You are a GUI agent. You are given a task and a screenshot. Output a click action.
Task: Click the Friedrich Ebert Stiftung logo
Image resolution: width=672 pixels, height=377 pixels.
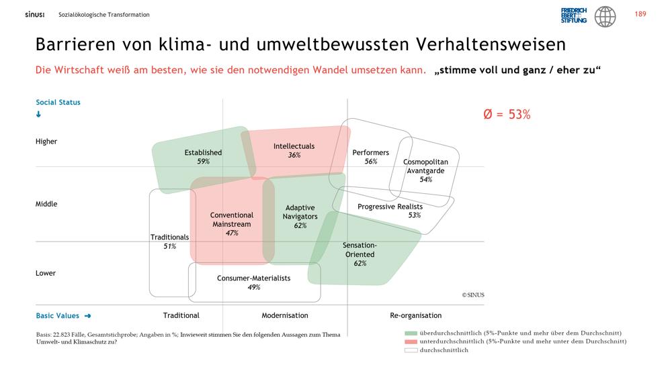(x=573, y=15)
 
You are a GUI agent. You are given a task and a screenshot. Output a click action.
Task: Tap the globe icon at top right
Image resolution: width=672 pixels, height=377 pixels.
(x=605, y=17)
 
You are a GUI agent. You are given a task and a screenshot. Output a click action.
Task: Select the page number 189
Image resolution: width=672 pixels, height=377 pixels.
(x=640, y=14)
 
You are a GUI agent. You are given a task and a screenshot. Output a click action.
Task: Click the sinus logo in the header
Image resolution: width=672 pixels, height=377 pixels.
(x=35, y=15)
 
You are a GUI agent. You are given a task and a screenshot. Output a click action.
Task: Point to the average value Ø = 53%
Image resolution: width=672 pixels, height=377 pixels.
(x=507, y=114)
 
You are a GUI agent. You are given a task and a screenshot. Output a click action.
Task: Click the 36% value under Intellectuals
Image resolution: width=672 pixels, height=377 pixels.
(x=294, y=155)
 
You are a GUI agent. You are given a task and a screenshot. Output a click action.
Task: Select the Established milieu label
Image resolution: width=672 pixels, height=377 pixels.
(x=203, y=152)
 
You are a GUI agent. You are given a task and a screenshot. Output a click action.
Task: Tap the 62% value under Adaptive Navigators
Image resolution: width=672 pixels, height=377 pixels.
(x=300, y=225)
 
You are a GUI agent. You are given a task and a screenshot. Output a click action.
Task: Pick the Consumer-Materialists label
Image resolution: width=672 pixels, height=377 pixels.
(x=254, y=278)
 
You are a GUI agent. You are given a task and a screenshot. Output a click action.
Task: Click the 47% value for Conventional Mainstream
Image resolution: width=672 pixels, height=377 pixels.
(x=232, y=233)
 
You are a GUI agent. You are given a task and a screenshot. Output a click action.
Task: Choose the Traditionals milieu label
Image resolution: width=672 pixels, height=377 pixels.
(x=170, y=237)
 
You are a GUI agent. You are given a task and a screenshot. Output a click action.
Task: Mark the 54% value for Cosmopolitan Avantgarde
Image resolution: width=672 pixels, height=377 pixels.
(x=425, y=179)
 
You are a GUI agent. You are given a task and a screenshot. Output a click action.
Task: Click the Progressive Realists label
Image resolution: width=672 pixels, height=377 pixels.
(x=390, y=207)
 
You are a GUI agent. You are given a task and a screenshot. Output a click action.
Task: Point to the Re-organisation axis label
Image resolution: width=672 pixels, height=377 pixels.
(x=416, y=315)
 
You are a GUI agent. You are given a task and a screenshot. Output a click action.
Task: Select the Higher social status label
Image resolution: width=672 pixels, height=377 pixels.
(x=46, y=142)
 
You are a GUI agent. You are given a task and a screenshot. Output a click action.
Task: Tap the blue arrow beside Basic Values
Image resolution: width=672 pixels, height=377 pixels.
(x=88, y=316)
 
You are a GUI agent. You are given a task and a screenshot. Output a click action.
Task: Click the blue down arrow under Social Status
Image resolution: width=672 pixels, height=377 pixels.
(x=38, y=114)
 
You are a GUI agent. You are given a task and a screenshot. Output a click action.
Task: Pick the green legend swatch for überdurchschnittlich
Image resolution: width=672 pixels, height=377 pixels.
(x=411, y=333)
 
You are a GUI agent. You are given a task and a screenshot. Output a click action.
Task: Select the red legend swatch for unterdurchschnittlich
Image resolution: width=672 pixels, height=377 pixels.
(x=411, y=341)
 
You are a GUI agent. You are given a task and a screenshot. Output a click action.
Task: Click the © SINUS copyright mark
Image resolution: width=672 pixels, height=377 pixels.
(x=473, y=295)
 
